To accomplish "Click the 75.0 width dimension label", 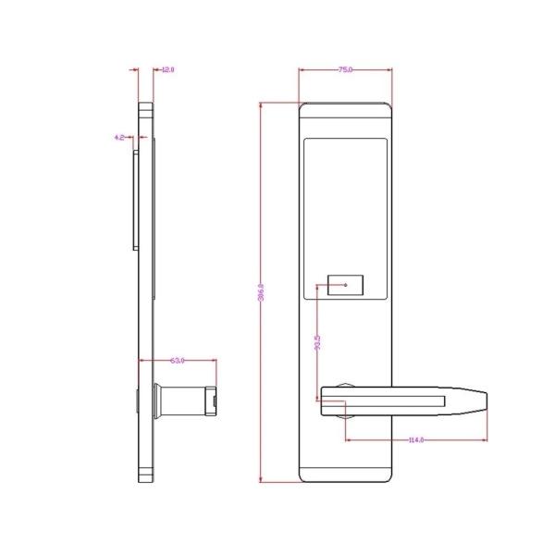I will click(345, 69).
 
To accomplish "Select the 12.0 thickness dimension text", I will click(168, 69).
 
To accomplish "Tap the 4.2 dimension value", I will click(119, 137).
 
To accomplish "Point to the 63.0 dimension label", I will click(179, 360).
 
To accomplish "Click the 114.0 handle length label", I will click(415, 439).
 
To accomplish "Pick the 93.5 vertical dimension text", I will click(318, 343).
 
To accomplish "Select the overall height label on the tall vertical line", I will click(262, 292).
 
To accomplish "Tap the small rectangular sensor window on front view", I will click(347, 286).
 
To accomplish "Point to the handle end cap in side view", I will click(212, 401).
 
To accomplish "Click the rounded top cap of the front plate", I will click(345, 106).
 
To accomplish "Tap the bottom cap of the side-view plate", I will click(147, 475).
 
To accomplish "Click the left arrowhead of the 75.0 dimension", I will click(302, 69).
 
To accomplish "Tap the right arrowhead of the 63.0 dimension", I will click(215, 360).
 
